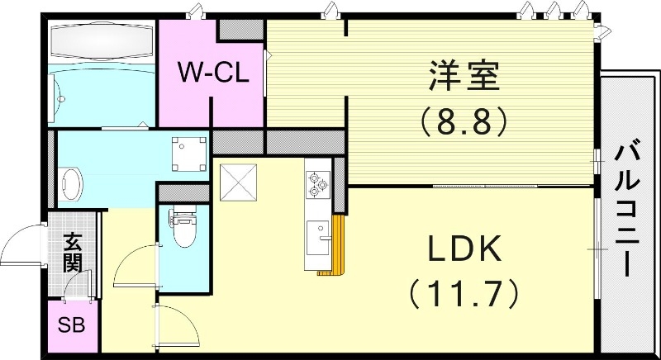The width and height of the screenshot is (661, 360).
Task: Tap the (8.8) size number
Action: [x=463, y=123]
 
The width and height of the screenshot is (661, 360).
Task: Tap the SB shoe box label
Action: [x=71, y=325]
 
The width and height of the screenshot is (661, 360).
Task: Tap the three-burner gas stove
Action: [x=317, y=184]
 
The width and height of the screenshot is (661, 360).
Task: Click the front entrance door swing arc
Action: [x=21, y=243]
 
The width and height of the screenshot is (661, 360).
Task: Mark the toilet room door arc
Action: [x=132, y=266]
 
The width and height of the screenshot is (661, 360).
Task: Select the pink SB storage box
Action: [x=72, y=325]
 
